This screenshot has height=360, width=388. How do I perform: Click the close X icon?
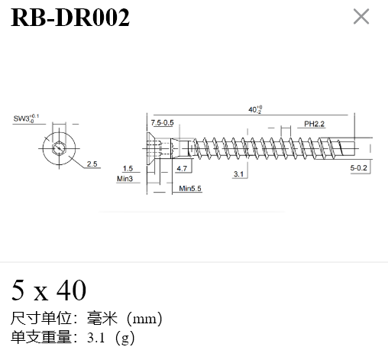(361, 17)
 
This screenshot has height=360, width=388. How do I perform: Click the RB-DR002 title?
(70, 18)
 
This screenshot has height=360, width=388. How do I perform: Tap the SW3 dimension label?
(26, 118)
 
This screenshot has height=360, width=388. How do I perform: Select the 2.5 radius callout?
(92, 164)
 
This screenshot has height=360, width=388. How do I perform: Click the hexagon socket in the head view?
(59, 148)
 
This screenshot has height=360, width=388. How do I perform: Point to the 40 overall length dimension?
(255, 109)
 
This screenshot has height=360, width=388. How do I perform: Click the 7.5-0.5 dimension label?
(162, 123)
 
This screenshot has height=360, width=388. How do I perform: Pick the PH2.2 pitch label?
(314, 124)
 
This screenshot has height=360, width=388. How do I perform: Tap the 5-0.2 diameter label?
(358, 168)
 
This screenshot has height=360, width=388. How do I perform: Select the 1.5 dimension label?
(128, 168)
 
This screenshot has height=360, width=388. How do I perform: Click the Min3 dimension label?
(124, 179)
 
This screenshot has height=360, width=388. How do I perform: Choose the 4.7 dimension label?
(182, 168)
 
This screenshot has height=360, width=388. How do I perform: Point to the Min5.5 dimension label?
(190, 189)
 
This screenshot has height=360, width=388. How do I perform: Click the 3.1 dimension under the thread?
(238, 174)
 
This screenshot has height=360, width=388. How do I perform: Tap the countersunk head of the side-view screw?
(150, 148)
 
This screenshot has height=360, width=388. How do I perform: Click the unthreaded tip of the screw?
(348, 148)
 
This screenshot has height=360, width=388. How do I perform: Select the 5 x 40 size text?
(49, 290)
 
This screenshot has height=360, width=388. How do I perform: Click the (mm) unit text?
(144, 319)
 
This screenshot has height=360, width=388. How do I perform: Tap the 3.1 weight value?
(96, 338)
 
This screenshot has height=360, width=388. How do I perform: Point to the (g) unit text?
(124, 338)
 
